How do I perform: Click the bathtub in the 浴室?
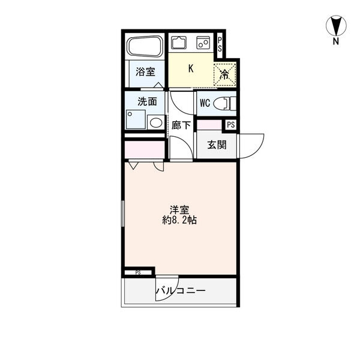[x=146, y=47]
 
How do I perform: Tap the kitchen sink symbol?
[x=179, y=43]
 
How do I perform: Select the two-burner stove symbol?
[x=203, y=43]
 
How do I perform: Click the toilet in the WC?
[x=224, y=103]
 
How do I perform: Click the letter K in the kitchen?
[x=191, y=68]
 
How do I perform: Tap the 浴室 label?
[x=145, y=71]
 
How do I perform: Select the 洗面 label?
[x=147, y=101]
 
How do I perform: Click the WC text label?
[x=205, y=103]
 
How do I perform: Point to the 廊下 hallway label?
[x=181, y=125]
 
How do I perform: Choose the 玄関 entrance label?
[x=217, y=145]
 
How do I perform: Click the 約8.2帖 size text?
[x=179, y=220]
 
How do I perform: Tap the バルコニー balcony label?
[x=181, y=291]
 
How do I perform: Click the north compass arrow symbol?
[x=336, y=26]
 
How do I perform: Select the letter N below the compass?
[x=336, y=41]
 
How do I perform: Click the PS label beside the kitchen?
[x=220, y=44]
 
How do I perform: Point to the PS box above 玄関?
[x=231, y=125]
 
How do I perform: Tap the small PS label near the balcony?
[x=138, y=273]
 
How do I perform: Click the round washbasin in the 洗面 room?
[x=155, y=122]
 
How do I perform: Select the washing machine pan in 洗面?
[x=136, y=119]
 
